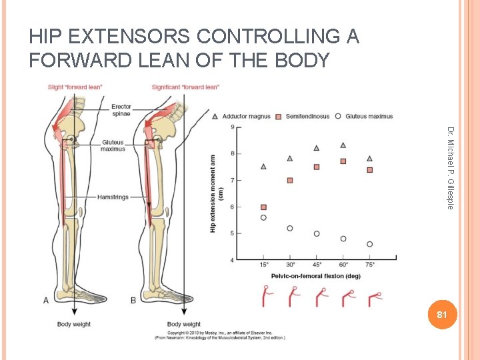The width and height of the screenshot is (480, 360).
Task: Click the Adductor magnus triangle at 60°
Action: (x=343, y=145)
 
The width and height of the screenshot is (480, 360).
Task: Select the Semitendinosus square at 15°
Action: (x=263, y=207)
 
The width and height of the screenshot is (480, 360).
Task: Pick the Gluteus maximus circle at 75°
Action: (x=369, y=244)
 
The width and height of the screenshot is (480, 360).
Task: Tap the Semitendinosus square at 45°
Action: (x=317, y=167)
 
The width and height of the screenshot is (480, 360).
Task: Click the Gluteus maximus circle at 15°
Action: (x=263, y=217)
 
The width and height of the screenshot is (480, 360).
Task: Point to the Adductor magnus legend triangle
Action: (x=215, y=116)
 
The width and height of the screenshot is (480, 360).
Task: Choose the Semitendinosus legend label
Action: (x=307, y=116)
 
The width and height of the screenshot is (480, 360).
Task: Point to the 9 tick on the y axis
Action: (x=232, y=127)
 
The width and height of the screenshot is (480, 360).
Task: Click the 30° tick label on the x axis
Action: (x=290, y=265)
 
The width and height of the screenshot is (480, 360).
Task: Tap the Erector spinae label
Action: (x=121, y=109)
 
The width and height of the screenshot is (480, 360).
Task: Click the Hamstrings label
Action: (x=112, y=197)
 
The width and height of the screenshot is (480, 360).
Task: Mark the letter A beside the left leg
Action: (x=46, y=301)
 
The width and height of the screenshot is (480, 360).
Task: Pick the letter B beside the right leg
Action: (x=133, y=301)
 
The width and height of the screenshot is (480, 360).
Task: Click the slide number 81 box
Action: (x=439, y=314)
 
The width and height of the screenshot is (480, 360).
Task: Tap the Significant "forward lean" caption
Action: (x=185, y=87)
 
